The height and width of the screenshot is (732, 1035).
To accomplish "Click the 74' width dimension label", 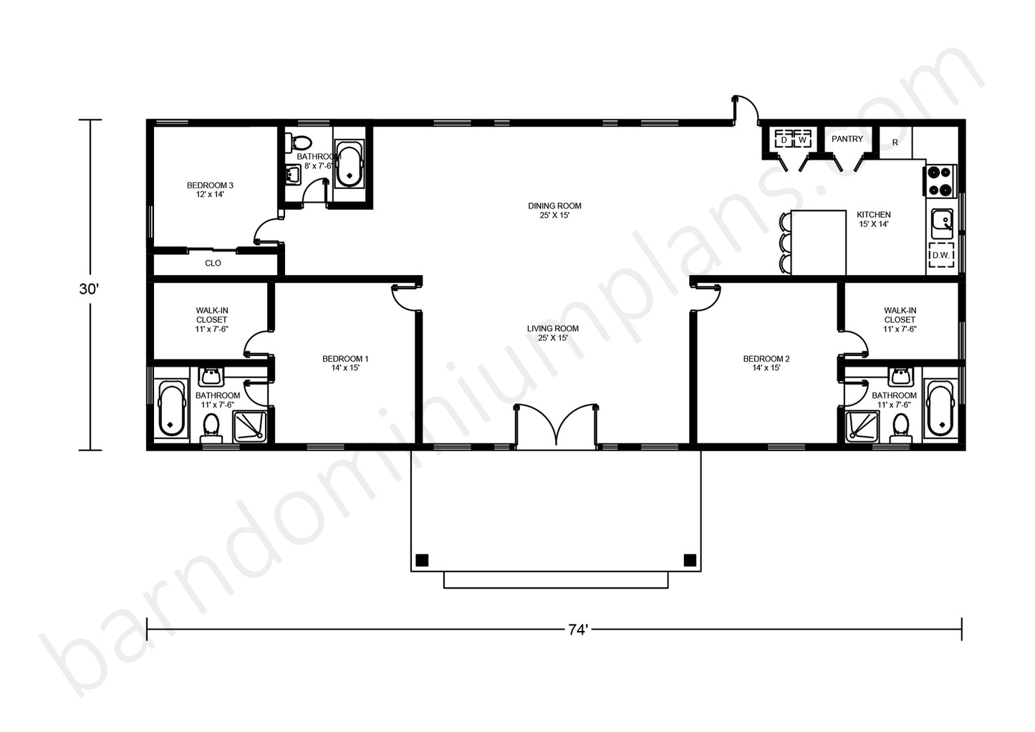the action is pyautogui.click(x=578, y=630).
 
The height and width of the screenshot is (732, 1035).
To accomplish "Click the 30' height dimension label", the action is pyautogui.click(x=90, y=289).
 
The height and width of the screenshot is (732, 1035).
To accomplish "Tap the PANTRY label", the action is pyautogui.click(x=847, y=139).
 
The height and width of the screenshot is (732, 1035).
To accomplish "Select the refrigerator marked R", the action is pyautogui.click(x=895, y=143).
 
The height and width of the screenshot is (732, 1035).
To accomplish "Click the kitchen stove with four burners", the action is pyautogui.click(x=940, y=180).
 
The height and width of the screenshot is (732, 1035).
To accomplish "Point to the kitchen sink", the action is pyautogui.click(x=942, y=225).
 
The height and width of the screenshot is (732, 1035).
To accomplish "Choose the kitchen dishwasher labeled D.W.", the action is pyautogui.click(x=940, y=255).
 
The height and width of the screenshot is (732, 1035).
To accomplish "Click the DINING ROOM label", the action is pyautogui.click(x=554, y=206).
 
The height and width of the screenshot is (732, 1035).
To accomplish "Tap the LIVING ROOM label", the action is pyautogui.click(x=553, y=329).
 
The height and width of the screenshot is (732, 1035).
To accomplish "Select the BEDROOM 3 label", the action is pyautogui.click(x=211, y=186).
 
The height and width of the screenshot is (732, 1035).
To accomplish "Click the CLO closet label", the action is pyautogui.click(x=213, y=263).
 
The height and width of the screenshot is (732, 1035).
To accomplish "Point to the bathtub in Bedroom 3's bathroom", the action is pyautogui.click(x=350, y=164).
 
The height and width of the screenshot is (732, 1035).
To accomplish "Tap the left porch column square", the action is pyautogui.click(x=423, y=560).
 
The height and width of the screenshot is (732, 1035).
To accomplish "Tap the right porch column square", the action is pyautogui.click(x=690, y=560).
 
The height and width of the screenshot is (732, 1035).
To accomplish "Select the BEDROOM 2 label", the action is pyautogui.click(x=766, y=359).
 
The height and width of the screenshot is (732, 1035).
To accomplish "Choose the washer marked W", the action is pyautogui.click(x=803, y=140).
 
